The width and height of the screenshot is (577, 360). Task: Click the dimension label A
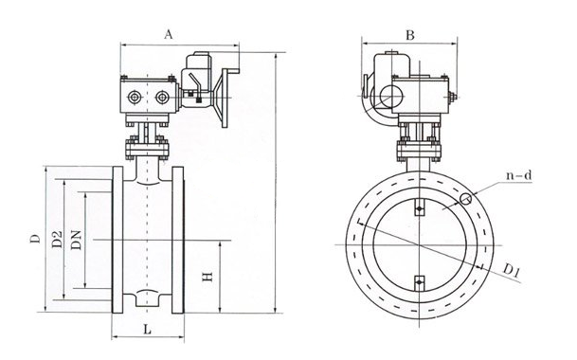[168, 35]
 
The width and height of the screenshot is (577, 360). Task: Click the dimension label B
[410, 35]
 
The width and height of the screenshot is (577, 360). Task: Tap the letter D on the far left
[35, 239]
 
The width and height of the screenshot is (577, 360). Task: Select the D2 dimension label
[57, 240]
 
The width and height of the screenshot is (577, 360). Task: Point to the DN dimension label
[76, 240]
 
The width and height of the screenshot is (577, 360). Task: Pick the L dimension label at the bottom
[147, 329]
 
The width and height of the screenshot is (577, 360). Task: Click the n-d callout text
[519, 175]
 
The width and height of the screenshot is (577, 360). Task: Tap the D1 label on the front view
[511, 271]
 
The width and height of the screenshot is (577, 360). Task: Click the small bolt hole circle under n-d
[466, 199]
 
